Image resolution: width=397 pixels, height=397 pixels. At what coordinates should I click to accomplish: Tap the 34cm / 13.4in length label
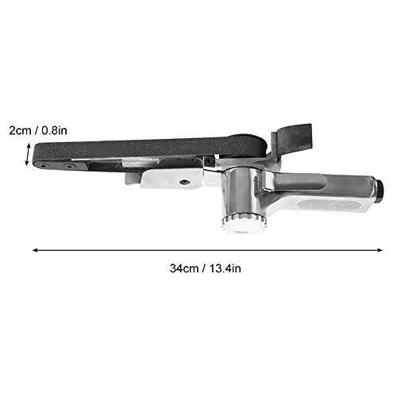pyautogui.click(x=206, y=268)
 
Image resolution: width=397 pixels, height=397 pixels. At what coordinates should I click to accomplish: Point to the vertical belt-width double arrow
pyautogui.click(x=29, y=154)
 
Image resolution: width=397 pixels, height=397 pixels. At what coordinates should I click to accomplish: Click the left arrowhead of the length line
pyautogui.click(x=35, y=250)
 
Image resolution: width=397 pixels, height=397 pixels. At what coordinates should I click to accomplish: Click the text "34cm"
pyautogui.click(x=185, y=268)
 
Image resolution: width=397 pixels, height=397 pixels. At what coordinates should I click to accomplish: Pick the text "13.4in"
pyautogui.click(x=225, y=268)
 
